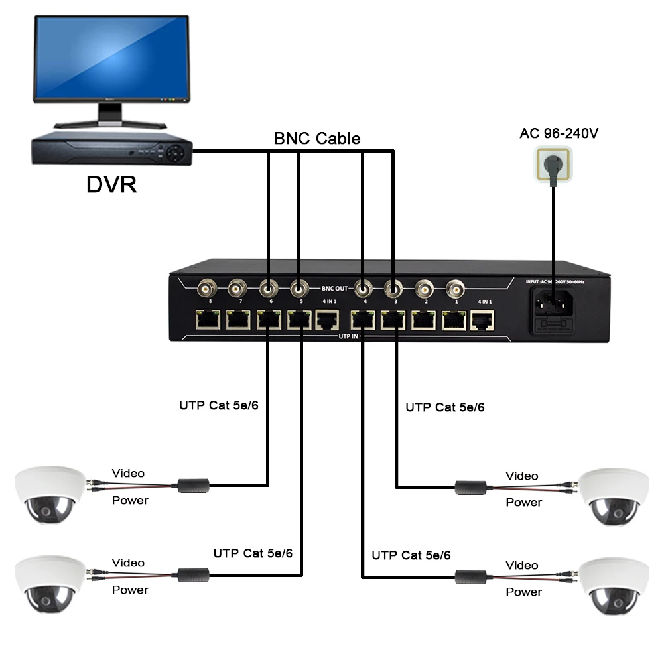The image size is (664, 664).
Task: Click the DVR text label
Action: click(111, 184)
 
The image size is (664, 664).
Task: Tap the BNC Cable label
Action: click(317, 139)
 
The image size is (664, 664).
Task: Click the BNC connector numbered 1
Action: click(455, 289)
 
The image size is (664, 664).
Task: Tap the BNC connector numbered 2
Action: click(424, 289)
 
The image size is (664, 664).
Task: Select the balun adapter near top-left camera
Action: click(193, 485)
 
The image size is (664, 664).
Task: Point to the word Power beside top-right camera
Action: click(524, 503)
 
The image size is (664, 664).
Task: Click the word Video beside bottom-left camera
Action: click(128, 563)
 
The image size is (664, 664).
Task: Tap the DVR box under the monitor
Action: click(111, 151)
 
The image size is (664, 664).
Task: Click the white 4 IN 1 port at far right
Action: click(481, 322)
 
